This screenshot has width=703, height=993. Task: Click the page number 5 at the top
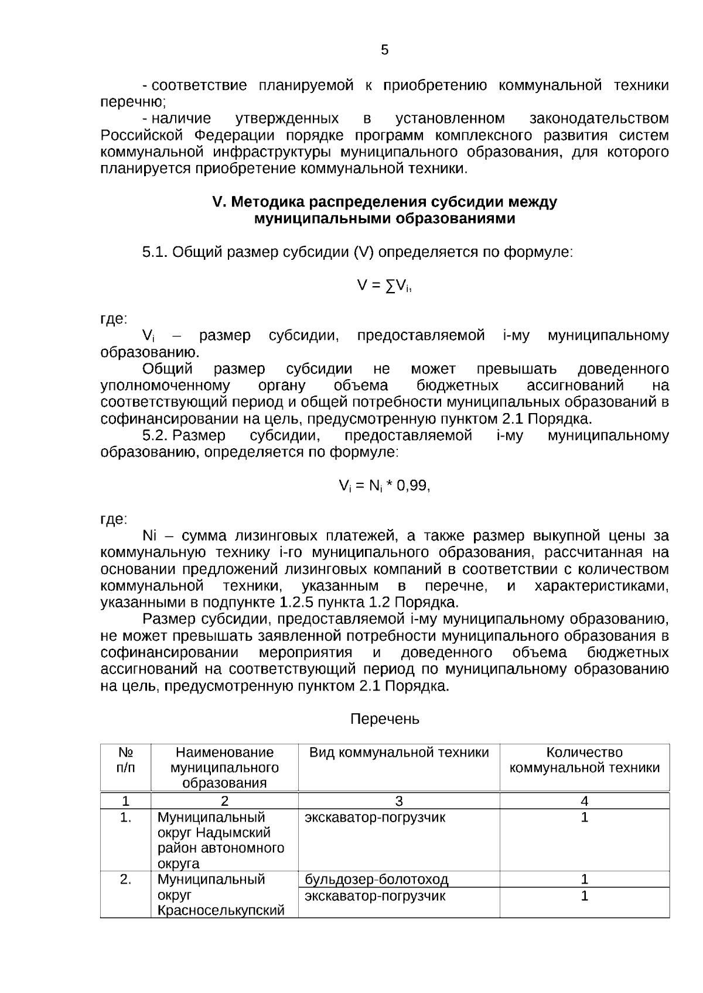(x=384, y=50)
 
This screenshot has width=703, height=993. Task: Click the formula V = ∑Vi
(x=384, y=286)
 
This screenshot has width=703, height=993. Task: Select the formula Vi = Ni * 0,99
(x=384, y=486)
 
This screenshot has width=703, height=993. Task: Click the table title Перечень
(x=384, y=719)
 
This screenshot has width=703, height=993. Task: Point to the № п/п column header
(x=125, y=760)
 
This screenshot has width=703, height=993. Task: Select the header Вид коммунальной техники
(x=399, y=753)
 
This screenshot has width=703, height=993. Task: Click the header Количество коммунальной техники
(x=584, y=760)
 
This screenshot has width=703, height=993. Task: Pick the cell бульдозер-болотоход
(x=377, y=879)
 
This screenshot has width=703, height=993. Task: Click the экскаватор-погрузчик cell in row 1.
(x=375, y=817)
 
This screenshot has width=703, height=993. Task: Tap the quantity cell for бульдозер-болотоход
(x=584, y=879)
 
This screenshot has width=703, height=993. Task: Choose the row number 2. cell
(x=125, y=879)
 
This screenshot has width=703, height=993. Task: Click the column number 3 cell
(x=399, y=801)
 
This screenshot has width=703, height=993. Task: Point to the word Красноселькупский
(x=221, y=910)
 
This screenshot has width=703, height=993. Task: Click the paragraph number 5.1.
(x=155, y=253)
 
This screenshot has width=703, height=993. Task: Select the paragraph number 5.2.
(x=155, y=436)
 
